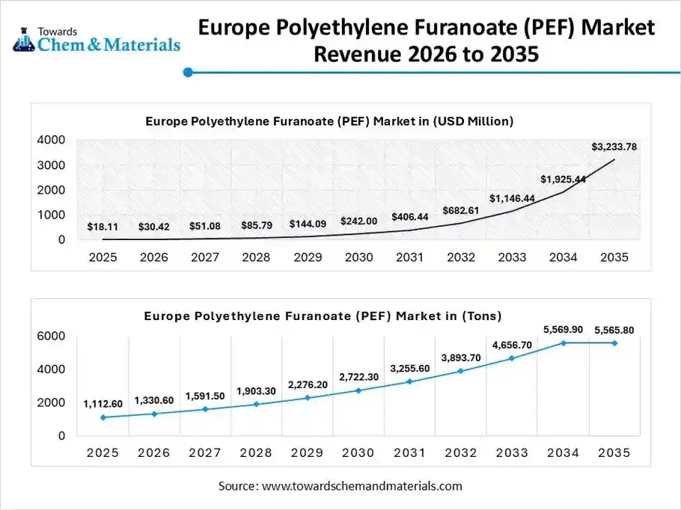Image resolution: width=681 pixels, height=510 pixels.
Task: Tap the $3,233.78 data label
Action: coord(614,147)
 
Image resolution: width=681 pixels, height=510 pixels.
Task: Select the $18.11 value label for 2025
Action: coord(103,226)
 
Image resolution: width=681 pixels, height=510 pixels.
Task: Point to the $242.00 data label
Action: coord(359,221)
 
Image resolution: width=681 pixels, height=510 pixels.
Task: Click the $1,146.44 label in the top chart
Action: coord(513,198)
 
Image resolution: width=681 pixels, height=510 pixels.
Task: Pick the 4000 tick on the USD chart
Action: coord(51,140)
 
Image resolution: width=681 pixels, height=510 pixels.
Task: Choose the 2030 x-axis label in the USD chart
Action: coord(359,257)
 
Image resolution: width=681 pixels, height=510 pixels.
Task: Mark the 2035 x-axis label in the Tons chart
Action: coord(614,453)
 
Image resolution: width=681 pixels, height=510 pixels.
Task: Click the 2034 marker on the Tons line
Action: coord(564,342)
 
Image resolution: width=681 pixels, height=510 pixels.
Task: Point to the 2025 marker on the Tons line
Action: coord(103,417)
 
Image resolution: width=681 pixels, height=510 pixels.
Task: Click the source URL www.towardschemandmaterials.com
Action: coord(361,486)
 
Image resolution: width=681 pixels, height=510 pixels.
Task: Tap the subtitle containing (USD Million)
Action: coord(329,120)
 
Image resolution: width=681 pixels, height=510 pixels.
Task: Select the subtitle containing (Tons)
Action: coord(323,316)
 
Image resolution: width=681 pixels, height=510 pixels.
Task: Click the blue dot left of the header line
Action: coord(189,73)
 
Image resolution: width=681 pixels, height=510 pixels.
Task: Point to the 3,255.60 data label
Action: coord(410,368)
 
